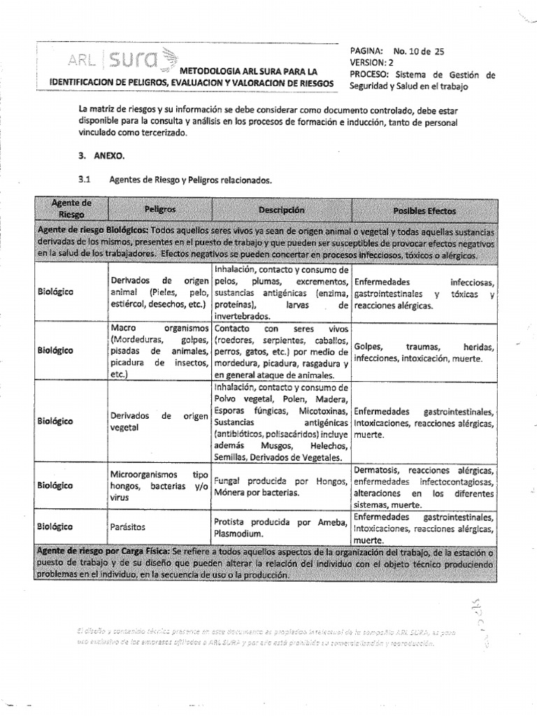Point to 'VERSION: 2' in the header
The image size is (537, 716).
(x=373, y=62)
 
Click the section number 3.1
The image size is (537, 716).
(x=85, y=180)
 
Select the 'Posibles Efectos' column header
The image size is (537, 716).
(x=424, y=210)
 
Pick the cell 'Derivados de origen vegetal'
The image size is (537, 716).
(x=159, y=422)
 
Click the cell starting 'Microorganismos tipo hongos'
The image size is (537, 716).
(x=159, y=485)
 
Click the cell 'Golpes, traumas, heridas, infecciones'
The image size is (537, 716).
(x=424, y=352)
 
